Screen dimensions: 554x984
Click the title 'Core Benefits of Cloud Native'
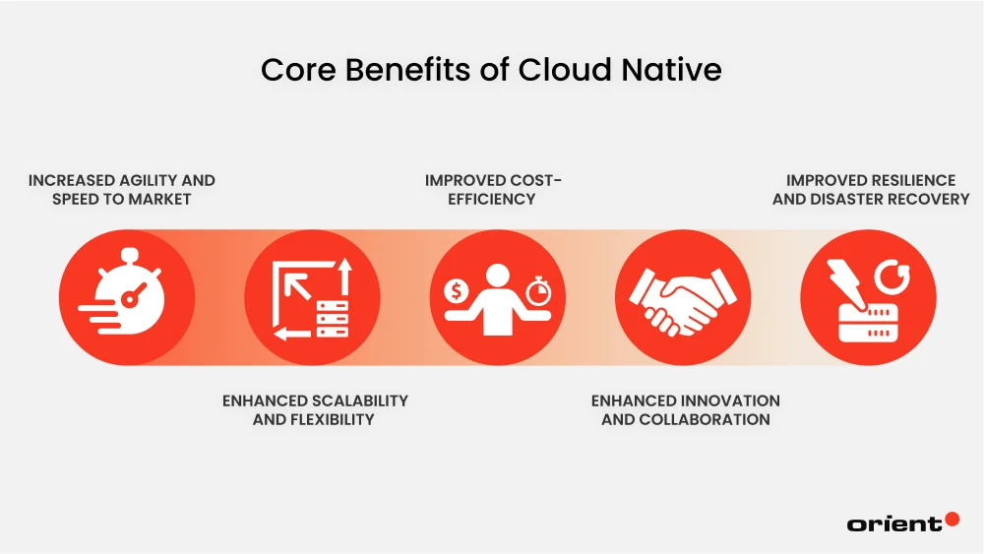tap(491, 70)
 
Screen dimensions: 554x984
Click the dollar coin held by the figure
tap(456, 290)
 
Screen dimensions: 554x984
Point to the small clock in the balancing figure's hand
tap(536, 291)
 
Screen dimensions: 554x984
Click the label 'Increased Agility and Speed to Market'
tap(121, 189)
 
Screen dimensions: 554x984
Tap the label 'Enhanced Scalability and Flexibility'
tap(314, 409)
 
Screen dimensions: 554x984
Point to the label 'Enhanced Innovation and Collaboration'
tap(685, 409)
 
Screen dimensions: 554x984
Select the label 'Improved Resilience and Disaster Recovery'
tap(870, 189)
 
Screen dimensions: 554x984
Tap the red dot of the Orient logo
tap(952, 519)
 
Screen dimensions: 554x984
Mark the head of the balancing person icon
tap(496, 274)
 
